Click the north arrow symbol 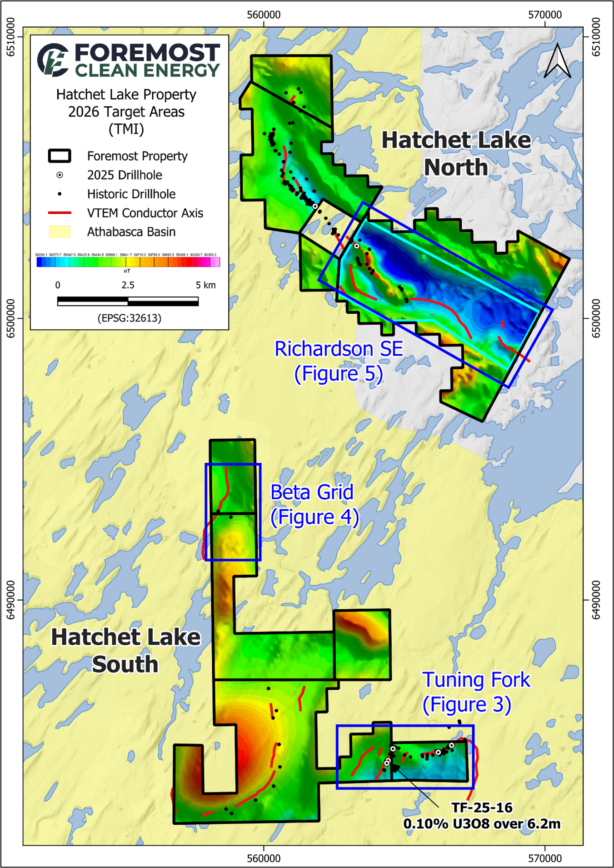click(557, 61)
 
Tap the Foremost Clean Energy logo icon click(53, 60)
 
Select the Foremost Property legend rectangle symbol click(60, 156)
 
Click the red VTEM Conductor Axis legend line click(60, 213)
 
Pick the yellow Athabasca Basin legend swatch click(60, 232)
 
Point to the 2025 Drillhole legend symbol click(60, 175)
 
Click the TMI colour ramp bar click(128, 262)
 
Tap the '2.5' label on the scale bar click(128, 285)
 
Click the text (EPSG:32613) click(129, 318)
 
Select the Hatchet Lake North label click(456, 154)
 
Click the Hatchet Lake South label click(125, 651)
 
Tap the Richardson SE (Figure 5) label click(339, 361)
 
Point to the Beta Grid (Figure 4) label click(314, 505)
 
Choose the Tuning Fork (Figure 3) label click(475, 692)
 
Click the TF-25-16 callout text click(482, 808)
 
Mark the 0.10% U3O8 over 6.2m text click(482, 824)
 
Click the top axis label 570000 click(544, 15)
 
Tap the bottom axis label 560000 click(264, 858)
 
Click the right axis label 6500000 click(596, 318)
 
